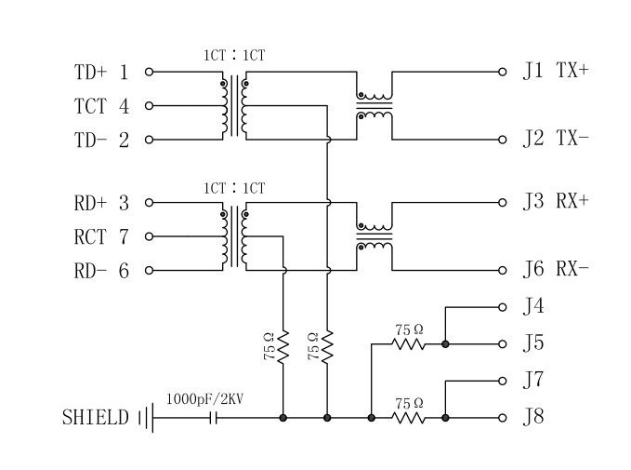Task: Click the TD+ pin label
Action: click(91, 72)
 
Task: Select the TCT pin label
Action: click(91, 106)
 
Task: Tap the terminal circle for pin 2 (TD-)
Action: click(149, 141)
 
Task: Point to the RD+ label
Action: click(91, 203)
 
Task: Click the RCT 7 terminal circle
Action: click(149, 236)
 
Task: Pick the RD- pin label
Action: click(91, 271)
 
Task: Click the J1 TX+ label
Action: click(555, 71)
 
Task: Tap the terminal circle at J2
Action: click(503, 140)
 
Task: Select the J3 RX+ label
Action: click(555, 202)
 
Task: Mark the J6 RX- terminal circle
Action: click(503, 270)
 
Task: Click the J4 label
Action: click(532, 307)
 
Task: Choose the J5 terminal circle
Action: click(503, 343)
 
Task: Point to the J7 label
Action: click(532, 381)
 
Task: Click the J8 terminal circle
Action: click(503, 418)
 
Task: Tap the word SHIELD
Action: click(96, 418)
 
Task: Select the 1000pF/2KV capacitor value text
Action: click(204, 399)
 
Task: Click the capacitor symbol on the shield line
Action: click(216, 418)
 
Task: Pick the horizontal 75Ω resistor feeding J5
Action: click(408, 343)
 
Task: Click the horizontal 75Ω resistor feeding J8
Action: click(408, 418)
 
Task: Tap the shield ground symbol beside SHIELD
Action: click(146, 418)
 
